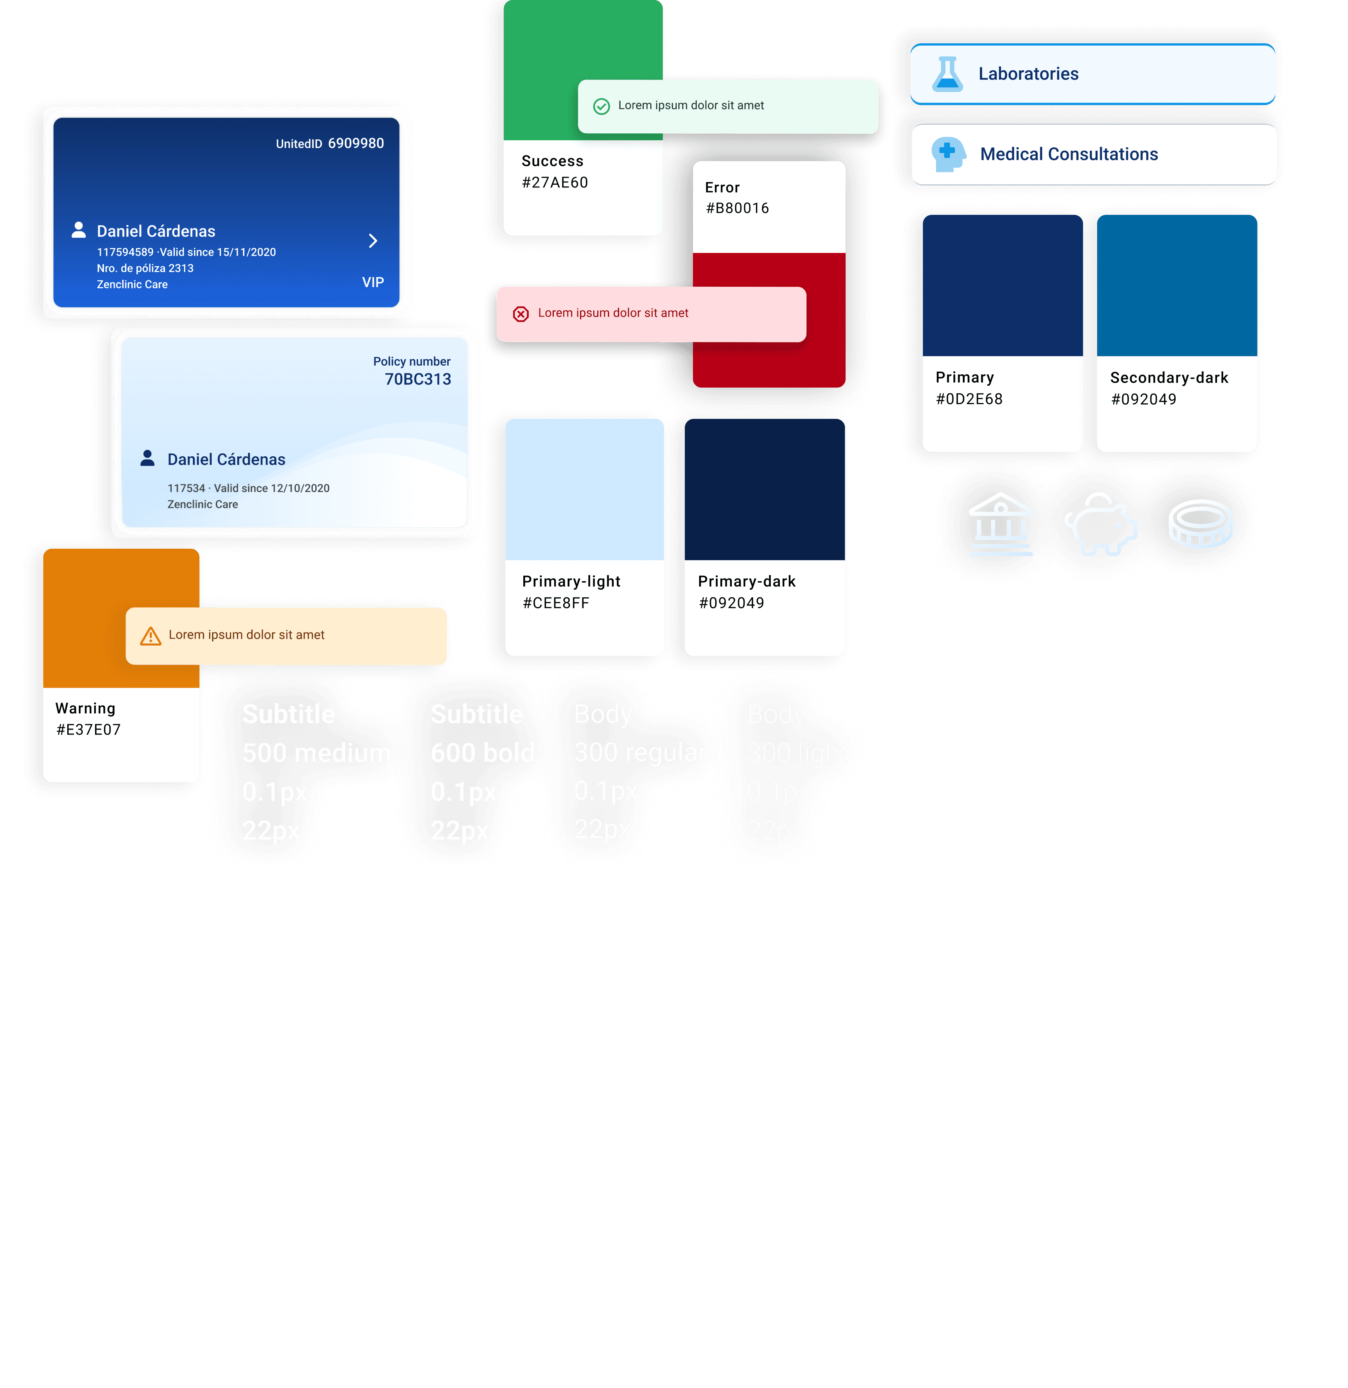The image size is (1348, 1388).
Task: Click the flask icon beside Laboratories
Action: pos(947,74)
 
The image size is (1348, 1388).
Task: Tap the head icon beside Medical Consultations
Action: pos(948,154)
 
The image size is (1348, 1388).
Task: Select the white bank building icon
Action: pos(1000,524)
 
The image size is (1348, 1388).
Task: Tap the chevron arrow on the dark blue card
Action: pos(373,241)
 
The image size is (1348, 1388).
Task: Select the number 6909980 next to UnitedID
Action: pos(356,143)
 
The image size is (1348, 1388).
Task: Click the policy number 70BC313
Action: pos(417,379)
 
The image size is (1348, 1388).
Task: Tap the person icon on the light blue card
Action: pos(147,458)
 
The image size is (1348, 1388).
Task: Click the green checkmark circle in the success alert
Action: pos(601,106)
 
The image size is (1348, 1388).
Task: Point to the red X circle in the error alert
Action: pos(521,314)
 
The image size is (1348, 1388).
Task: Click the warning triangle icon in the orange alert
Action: pos(150,636)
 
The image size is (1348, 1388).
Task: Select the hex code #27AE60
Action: pos(555,183)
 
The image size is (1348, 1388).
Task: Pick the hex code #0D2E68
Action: pos(968,400)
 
